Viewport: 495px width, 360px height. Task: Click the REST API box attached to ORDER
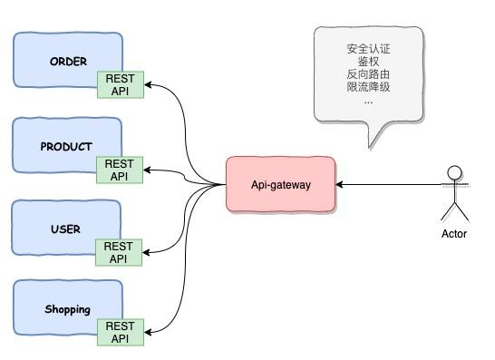[120, 85]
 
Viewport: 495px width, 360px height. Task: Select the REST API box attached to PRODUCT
[120, 170]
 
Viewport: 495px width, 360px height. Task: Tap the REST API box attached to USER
[120, 252]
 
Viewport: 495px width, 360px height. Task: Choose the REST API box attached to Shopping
[120, 332]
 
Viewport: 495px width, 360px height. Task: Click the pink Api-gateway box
[280, 184]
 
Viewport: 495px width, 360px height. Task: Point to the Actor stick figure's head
[455, 171]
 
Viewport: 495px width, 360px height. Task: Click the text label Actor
[454, 234]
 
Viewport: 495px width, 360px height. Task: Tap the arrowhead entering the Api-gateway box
[340, 185]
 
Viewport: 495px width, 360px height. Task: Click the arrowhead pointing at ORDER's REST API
[149, 85]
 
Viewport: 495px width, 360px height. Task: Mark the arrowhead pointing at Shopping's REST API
[149, 332]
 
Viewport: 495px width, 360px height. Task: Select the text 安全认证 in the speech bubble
[368, 48]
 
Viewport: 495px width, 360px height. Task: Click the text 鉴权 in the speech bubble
[368, 61]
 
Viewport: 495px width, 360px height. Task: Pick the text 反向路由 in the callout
[368, 74]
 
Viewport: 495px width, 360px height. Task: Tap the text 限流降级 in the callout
[368, 87]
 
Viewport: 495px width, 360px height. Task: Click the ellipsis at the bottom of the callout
[368, 101]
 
